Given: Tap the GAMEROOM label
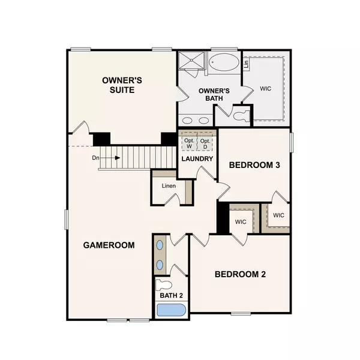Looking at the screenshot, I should pos(109,245).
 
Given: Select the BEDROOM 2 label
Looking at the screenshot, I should pos(240,274).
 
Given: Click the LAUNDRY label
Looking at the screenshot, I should pos(197,159).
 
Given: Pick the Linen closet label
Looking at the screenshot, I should pos(169,185).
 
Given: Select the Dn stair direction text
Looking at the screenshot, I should pos(95,158).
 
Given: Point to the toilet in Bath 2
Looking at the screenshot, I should pos(164,284).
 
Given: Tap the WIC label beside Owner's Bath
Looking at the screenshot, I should pos(265,88).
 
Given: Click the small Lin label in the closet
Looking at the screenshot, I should pos(246,62).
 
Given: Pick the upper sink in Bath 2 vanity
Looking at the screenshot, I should pos(160,245).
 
